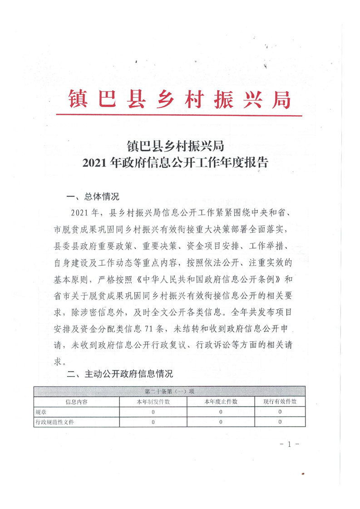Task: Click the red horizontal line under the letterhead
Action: click(180, 115)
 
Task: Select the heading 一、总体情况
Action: click(93, 197)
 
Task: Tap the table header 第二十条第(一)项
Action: click(169, 392)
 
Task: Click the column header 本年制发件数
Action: click(153, 401)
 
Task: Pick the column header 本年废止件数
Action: click(221, 401)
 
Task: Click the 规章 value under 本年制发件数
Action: click(153, 412)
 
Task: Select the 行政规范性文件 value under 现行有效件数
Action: click(280, 422)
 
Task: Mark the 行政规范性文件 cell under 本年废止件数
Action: click(221, 422)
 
